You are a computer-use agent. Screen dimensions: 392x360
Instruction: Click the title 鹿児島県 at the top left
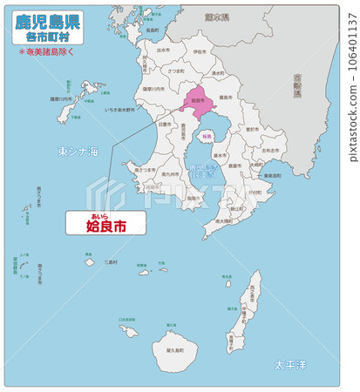pos(48,21)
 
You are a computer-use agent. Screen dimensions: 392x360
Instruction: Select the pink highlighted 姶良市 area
pos(197,103)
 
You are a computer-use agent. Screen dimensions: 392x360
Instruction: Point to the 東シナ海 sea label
pos(78,152)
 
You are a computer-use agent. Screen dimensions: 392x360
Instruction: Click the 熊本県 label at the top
pos(228,17)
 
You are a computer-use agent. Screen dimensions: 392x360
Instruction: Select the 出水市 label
pos(163,50)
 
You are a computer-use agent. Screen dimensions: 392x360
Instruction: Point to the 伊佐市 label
pos(200,51)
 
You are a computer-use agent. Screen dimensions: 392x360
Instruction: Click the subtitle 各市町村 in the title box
pos(48,37)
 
